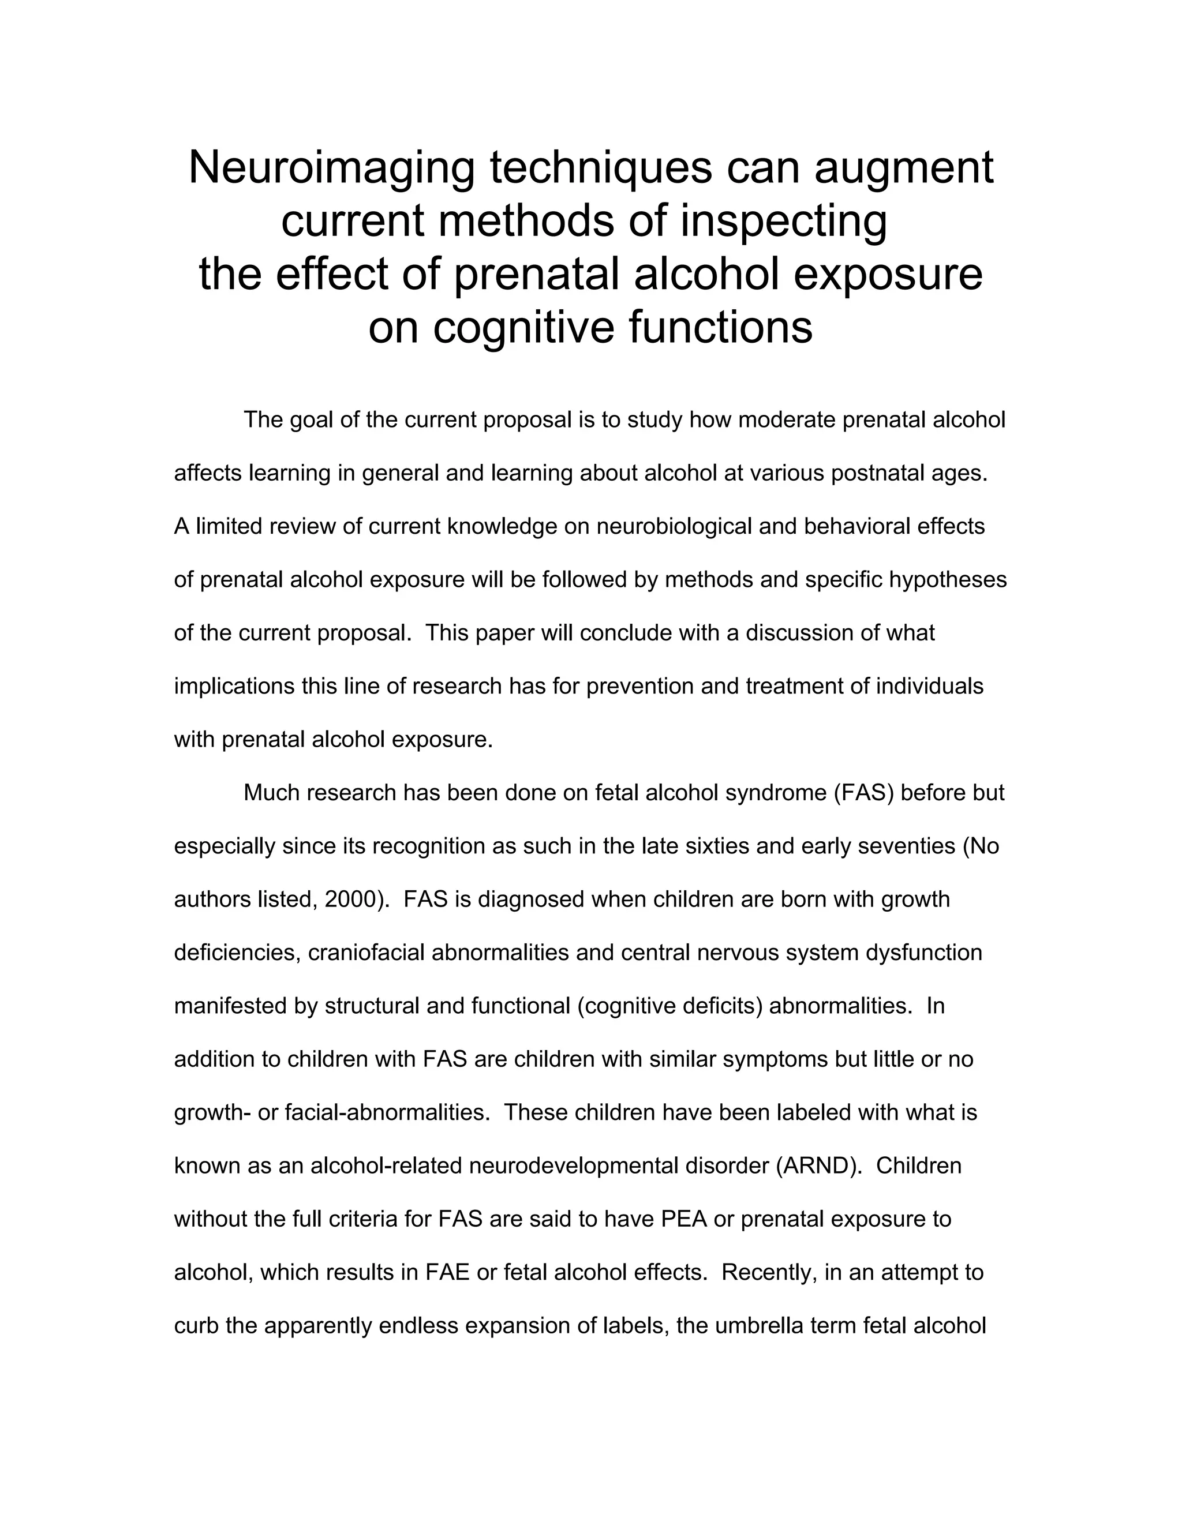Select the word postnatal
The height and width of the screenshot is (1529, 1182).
pos(877,474)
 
